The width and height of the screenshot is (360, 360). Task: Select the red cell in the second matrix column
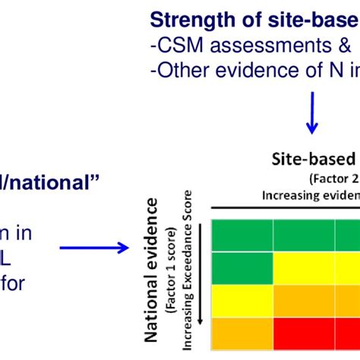pos(304,333)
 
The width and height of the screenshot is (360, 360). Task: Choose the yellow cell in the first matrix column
pos(242,298)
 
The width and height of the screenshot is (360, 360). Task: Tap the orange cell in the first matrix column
pos(242,333)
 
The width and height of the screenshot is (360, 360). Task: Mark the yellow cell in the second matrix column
pos(304,267)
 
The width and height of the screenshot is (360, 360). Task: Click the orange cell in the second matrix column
pos(304,298)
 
